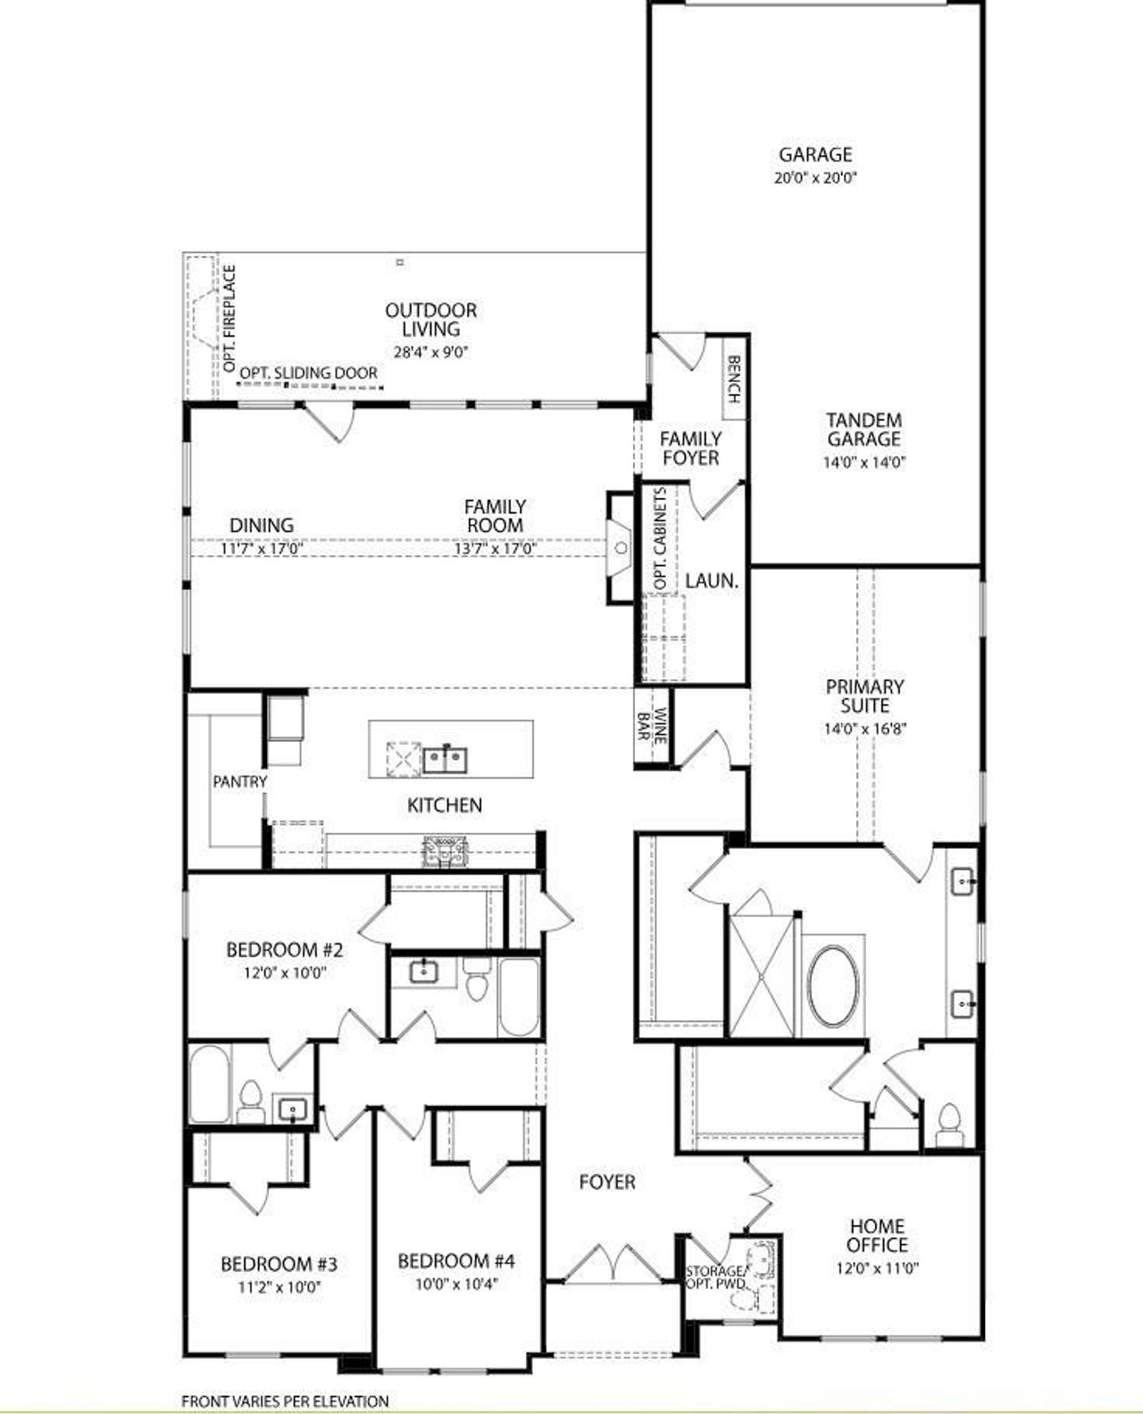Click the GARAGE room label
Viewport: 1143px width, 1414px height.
coord(815,154)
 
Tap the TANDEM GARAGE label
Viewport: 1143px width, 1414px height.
coord(864,429)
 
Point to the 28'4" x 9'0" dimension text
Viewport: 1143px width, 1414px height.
coord(431,352)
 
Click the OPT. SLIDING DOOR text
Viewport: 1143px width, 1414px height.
coord(309,373)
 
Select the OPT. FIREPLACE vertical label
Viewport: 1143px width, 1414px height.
coord(229,319)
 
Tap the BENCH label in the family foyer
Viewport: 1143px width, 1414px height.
coord(734,379)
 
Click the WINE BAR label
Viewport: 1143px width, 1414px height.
coord(652,727)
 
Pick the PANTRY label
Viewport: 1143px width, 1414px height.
coord(239,781)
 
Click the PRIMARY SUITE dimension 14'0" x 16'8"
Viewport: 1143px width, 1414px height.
coord(865,728)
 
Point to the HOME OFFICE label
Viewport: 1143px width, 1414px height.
coord(877,1235)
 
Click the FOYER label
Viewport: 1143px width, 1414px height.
coord(607,1182)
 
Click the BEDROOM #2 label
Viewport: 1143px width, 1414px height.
coord(285,949)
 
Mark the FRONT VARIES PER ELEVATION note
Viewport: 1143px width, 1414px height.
coord(285,1402)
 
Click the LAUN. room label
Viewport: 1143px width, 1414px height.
coord(712,581)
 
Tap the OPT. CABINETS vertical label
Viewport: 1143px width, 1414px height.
coord(660,539)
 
